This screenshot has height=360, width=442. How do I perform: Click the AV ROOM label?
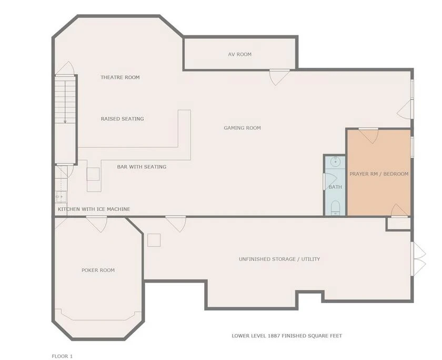(x=239, y=54)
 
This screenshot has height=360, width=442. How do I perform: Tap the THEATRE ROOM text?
(x=120, y=77)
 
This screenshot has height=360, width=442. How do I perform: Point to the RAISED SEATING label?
(x=122, y=119)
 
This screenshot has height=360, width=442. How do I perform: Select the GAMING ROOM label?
(x=242, y=128)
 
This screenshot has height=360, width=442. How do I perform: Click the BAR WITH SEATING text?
(x=142, y=167)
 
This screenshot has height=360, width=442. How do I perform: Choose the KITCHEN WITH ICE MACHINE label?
(x=94, y=209)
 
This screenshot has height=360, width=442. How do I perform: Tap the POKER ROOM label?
(x=98, y=270)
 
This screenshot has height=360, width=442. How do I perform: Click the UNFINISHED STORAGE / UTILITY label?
(x=279, y=259)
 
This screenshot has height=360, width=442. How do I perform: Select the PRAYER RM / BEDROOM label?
(x=379, y=174)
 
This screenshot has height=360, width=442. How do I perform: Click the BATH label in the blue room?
(x=335, y=187)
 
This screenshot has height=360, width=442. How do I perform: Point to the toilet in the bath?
(x=335, y=207)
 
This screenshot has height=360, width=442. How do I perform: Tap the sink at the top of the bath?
(x=335, y=162)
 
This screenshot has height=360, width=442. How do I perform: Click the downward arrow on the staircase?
(x=65, y=102)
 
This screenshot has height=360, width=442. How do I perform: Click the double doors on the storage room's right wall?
(x=418, y=258)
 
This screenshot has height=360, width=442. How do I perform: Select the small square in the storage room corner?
(x=154, y=240)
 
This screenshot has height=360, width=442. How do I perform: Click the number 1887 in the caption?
(x=274, y=336)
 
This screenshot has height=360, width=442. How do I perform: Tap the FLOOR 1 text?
(x=62, y=356)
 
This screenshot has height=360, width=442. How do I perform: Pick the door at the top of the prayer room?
(x=368, y=136)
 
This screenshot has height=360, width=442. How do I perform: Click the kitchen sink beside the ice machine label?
(x=61, y=197)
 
